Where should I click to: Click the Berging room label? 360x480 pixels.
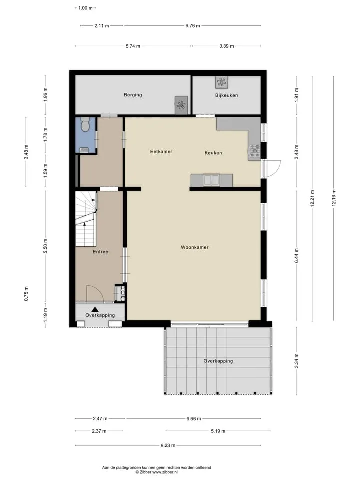(x=133, y=95)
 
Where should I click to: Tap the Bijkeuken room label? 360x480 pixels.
(x=226, y=95)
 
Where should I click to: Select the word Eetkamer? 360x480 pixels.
(x=161, y=152)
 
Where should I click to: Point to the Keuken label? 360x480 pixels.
(x=213, y=153)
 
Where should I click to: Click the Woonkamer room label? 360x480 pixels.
(x=194, y=247)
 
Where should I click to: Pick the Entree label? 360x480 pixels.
(x=100, y=252)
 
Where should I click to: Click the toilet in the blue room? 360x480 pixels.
(x=85, y=124)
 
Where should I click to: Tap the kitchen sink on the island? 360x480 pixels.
(x=211, y=180)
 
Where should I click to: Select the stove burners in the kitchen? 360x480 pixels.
(x=254, y=151)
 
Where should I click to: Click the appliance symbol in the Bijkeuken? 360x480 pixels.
(x=221, y=82)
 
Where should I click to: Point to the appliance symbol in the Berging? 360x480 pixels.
(x=181, y=105)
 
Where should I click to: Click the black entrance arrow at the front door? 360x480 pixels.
(x=95, y=310)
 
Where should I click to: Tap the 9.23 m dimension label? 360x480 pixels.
(x=168, y=445)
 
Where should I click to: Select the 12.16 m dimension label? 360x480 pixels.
(x=334, y=198)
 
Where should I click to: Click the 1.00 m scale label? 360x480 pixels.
(x=85, y=8)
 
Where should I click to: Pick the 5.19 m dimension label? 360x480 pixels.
(x=218, y=431)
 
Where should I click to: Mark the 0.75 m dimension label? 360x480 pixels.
(x=26, y=294)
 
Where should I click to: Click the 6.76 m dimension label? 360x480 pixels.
(x=193, y=26)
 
